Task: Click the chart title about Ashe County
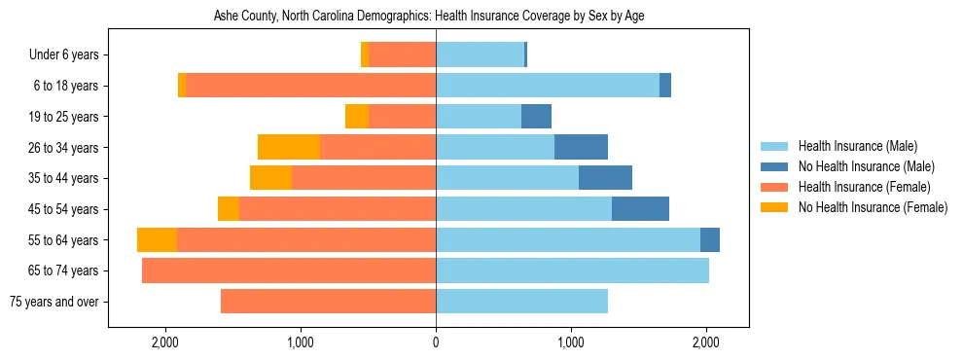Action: coord(429,16)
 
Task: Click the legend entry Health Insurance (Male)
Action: coord(857,146)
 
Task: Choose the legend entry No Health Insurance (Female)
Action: coord(873,207)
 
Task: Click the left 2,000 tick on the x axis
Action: coord(165,342)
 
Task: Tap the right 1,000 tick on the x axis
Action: coord(571,342)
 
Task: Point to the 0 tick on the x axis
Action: coord(436,342)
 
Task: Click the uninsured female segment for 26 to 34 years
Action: coord(289,147)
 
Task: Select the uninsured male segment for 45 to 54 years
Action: coord(640,209)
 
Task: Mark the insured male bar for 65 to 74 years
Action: coord(572,270)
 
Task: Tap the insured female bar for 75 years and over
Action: coord(328,302)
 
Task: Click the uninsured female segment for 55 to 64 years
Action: coord(157,239)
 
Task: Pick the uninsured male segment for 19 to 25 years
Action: coord(536,117)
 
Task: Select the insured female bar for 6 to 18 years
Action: coord(310,86)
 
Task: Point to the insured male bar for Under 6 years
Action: coord(480,55)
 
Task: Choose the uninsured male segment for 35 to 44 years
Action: coord(605,178)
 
